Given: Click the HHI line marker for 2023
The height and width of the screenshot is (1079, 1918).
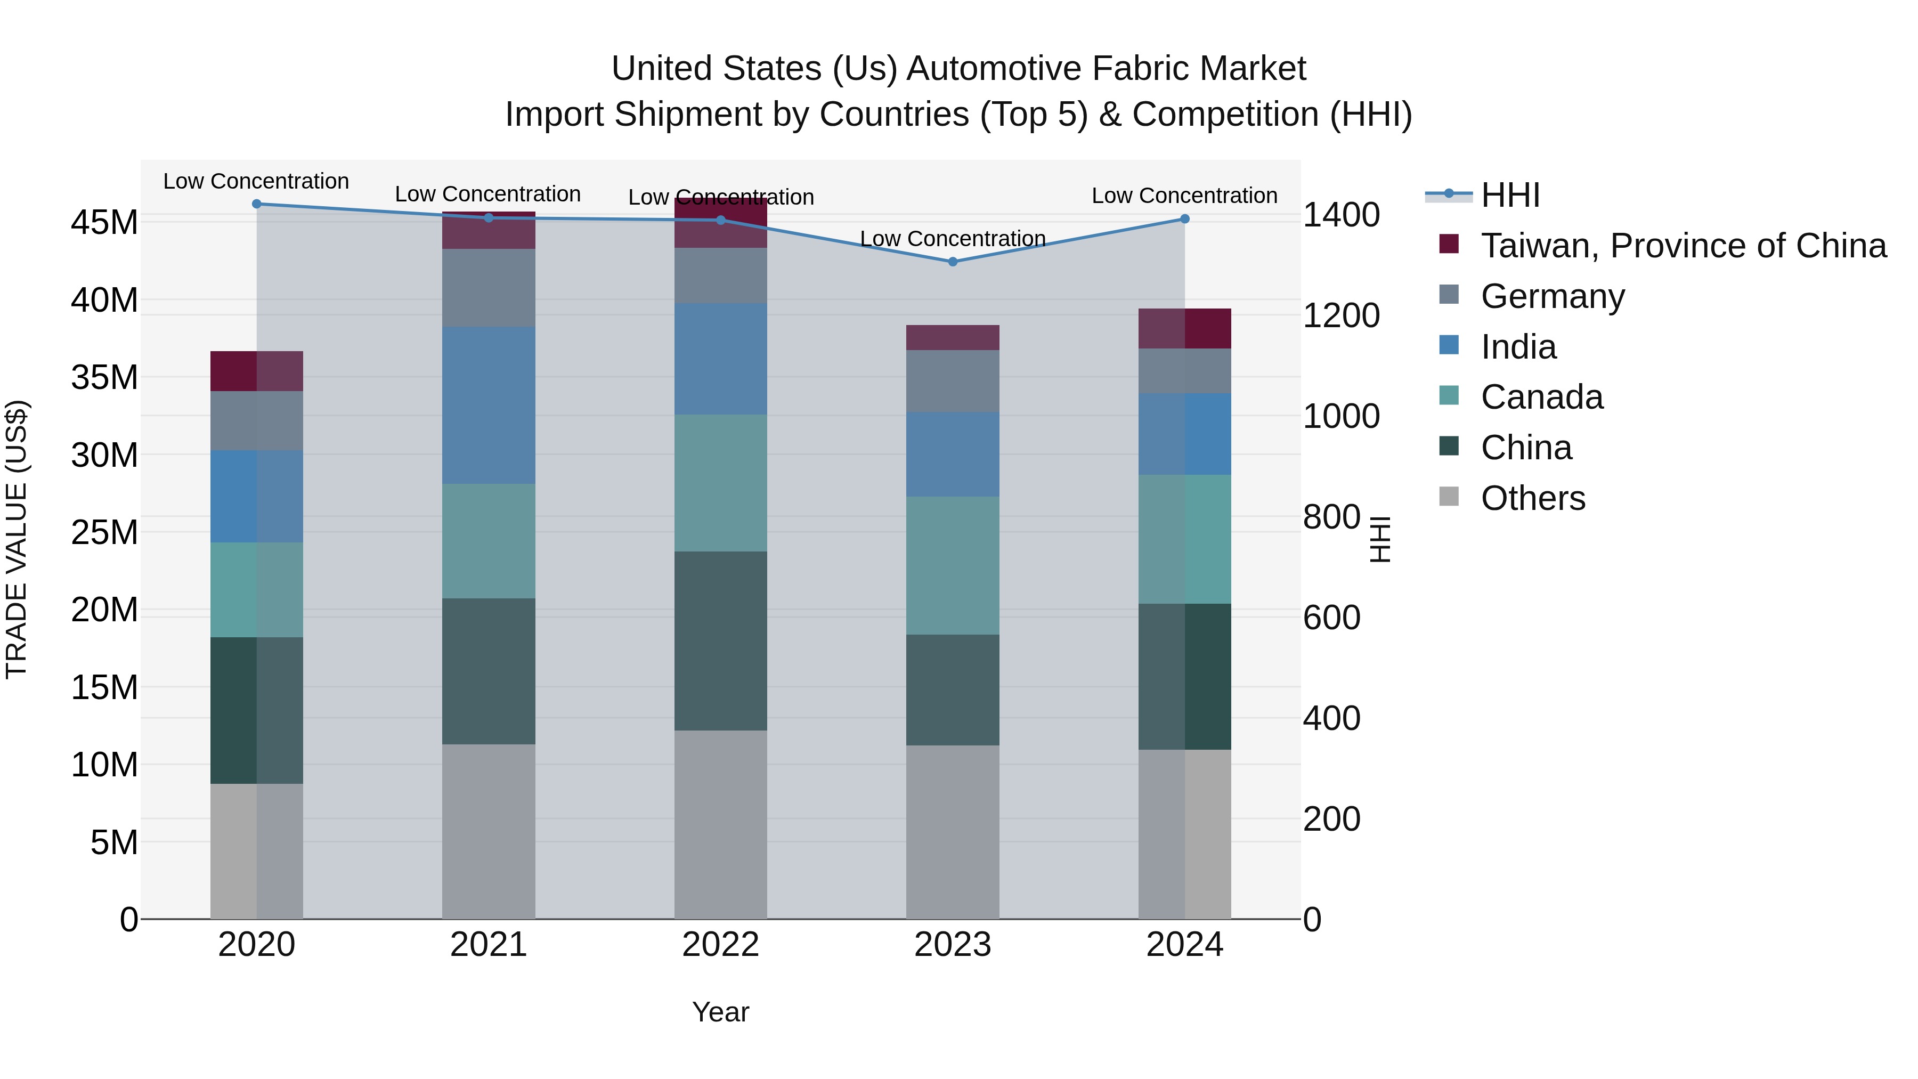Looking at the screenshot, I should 952,262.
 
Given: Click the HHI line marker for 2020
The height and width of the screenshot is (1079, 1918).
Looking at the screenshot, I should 257,204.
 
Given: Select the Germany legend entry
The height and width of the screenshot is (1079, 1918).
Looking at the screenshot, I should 1553,296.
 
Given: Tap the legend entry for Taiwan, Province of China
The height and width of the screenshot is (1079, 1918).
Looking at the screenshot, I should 1683,246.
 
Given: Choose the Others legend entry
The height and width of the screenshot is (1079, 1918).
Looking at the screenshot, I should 1532,498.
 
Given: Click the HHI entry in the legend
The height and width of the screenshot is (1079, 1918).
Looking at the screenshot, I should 1510,195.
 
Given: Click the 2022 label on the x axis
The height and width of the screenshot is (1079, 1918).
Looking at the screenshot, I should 720,945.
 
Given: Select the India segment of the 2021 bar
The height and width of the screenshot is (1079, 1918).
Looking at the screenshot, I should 489,405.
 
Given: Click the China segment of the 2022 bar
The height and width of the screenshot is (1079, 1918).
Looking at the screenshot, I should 720,640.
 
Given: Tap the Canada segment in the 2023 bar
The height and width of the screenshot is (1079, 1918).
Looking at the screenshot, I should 952,565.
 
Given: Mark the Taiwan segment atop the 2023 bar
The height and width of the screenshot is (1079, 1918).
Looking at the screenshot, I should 952,337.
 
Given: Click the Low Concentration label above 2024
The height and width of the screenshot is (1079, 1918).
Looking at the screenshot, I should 1184,196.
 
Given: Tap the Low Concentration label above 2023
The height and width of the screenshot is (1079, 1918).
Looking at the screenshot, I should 952,239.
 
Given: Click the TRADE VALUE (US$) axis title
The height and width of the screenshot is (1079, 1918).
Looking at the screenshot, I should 17,539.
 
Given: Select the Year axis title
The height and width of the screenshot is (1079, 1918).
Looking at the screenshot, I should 720,1012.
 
